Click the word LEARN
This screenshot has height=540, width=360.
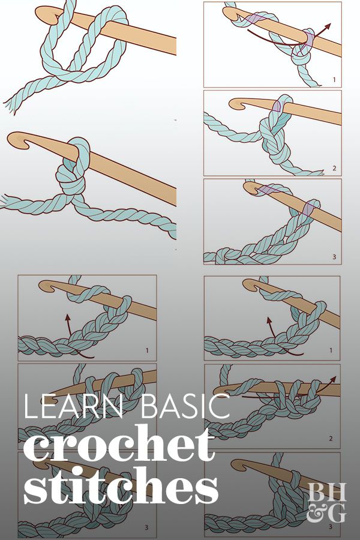point(73,406)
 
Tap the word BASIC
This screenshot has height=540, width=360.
point(185,406)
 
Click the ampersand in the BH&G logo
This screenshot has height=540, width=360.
point(314,512)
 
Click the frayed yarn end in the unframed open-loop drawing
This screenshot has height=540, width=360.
point(10,104)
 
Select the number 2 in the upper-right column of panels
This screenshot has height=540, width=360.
point(334,169)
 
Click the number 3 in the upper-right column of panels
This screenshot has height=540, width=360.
point(334,257)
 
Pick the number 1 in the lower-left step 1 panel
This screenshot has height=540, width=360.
point(147,350)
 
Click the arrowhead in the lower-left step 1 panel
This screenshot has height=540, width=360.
point(66,316)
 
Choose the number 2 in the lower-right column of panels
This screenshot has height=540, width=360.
point(331,439)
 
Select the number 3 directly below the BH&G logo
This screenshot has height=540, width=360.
point(331,527)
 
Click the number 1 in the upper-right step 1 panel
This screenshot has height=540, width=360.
point(334,80)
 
